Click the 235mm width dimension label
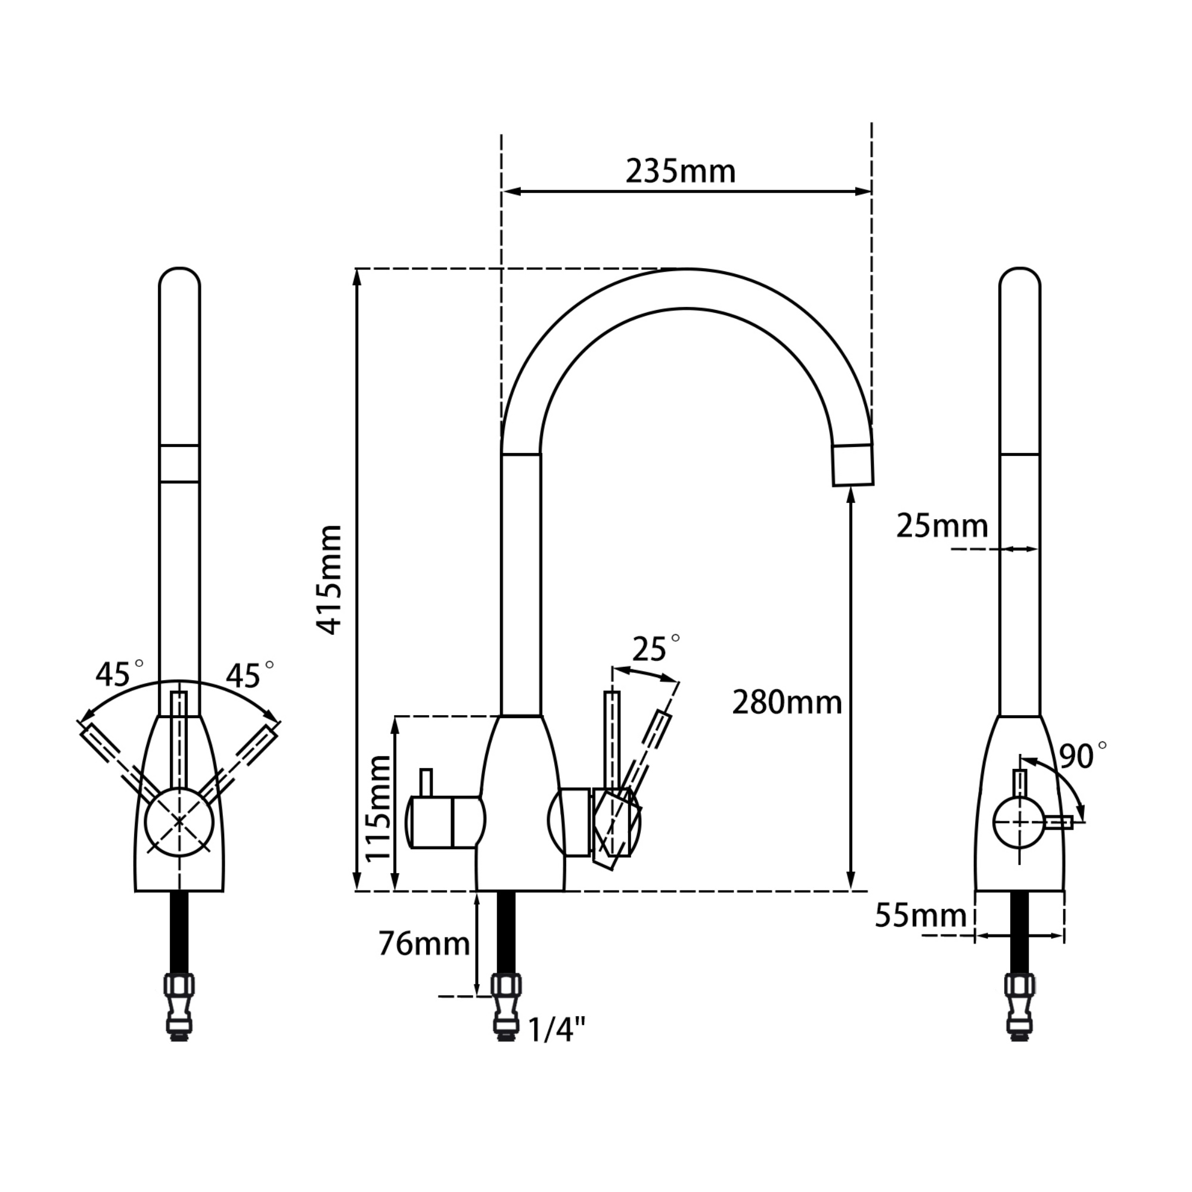[x=680, y=172]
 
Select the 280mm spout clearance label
[x=787, y=703]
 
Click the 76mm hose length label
[x=424, y=943]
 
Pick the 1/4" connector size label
[x=557, y=1030]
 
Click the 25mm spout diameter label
[x=942, y=526]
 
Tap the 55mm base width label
[x=921, y=915]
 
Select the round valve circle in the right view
[x=1019, y=822]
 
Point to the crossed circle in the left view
[x=179, y=821]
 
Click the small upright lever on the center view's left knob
[x=426, y=783]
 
